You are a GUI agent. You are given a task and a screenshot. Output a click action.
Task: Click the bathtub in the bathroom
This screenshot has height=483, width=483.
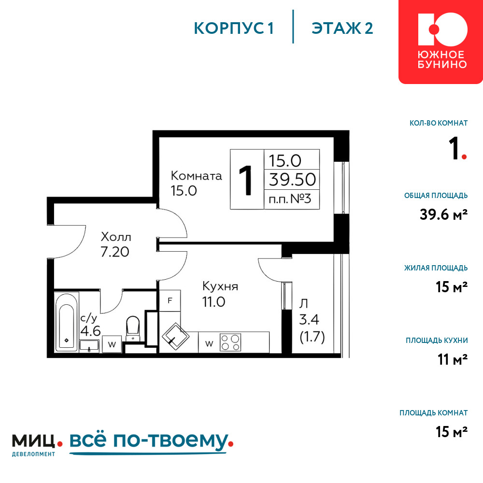[67, 322]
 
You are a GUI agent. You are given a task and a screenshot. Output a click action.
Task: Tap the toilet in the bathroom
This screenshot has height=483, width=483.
[133, 327]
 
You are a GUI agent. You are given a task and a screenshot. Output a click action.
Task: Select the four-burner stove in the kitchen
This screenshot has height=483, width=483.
[230, 342]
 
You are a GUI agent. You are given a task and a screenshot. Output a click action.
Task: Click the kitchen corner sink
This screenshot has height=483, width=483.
[176, 337]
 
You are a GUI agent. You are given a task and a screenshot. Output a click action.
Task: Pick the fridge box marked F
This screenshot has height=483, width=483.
[170, 300]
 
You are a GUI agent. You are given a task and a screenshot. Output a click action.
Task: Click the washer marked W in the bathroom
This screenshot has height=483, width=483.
[112, 344]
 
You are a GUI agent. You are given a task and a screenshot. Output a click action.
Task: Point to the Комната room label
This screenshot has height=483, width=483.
[196, 176]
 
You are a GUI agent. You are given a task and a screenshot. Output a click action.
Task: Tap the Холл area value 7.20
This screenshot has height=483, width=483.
[114, 252]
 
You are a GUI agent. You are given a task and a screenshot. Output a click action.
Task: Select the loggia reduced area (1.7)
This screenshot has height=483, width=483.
[313, 337]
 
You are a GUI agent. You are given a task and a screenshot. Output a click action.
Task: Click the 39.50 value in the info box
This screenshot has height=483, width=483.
[292, 180]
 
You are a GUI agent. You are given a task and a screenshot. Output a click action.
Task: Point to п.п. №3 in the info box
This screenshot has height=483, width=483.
[290, 199]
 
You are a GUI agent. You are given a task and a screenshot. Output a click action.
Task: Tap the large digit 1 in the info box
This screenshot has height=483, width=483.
[246, 180]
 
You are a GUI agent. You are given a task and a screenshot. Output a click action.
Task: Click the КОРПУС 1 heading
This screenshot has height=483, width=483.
[234, 28]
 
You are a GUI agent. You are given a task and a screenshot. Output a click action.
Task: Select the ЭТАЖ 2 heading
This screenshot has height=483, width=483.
[342, 28]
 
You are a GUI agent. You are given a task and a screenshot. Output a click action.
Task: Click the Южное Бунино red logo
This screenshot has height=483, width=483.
[441, 42]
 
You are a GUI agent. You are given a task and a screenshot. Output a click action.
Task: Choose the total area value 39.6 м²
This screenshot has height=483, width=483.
[443, 214]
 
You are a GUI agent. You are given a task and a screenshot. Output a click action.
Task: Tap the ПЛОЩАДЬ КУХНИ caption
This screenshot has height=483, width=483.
[437, 341]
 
